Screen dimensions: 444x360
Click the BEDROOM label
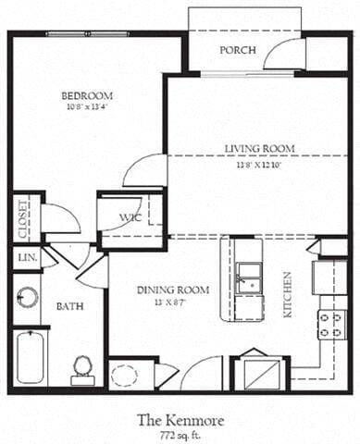tap(87, 95)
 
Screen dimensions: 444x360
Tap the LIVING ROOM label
tap(259, 148)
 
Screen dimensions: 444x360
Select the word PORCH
tap(238, 50)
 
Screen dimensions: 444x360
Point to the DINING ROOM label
tap(174, 290)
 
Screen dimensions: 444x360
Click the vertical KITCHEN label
tap(289, 294)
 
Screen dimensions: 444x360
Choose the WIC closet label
tap(129, 219)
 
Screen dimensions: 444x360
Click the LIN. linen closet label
tap(24, 258)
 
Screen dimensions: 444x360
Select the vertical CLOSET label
tap(22, 218)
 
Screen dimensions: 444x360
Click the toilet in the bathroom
tap(84, 366)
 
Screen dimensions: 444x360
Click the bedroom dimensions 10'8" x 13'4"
tap(87, 106)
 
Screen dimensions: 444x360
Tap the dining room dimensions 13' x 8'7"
tap(174, 302)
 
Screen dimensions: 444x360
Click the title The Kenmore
tap(181, 420)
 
